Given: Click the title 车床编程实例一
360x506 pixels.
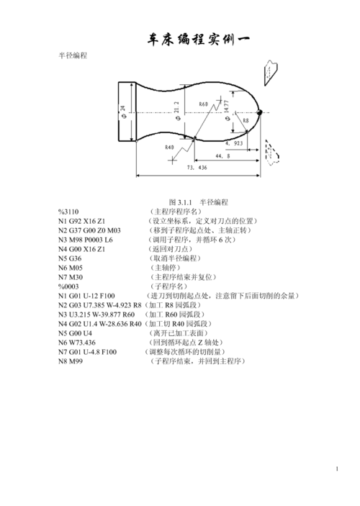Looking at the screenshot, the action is coord(198,40).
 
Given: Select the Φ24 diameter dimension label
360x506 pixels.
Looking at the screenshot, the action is coord(123,112).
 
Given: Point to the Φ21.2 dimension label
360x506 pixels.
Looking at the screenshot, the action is coord(177,111).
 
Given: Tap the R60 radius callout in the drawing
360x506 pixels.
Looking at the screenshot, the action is coord(204,104).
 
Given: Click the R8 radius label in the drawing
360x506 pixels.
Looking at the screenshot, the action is coord(246,121).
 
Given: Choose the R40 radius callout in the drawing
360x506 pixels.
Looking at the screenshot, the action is coord(169,148).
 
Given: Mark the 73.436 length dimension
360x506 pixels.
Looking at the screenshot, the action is coord(197,168).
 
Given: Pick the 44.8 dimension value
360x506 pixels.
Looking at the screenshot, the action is coord(222,156).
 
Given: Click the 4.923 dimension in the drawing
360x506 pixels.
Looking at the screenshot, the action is coord(234,143).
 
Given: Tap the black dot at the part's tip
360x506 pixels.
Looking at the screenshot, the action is coord(259,112).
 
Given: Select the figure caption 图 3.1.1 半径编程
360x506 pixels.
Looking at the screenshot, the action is coord(199,202).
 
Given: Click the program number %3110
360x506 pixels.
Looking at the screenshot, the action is coord(68,212).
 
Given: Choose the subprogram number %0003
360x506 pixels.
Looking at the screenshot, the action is coord(68,286).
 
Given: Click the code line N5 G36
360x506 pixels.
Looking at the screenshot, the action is coord(70,258).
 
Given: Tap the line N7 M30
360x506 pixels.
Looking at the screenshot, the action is coord(71,277).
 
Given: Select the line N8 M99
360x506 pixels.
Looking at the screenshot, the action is coord(71,361).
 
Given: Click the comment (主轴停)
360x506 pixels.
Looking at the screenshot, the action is coord(166,268).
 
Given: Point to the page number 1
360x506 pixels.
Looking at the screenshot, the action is coord(337,469).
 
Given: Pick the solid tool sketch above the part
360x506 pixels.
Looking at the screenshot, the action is coord(271,73).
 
